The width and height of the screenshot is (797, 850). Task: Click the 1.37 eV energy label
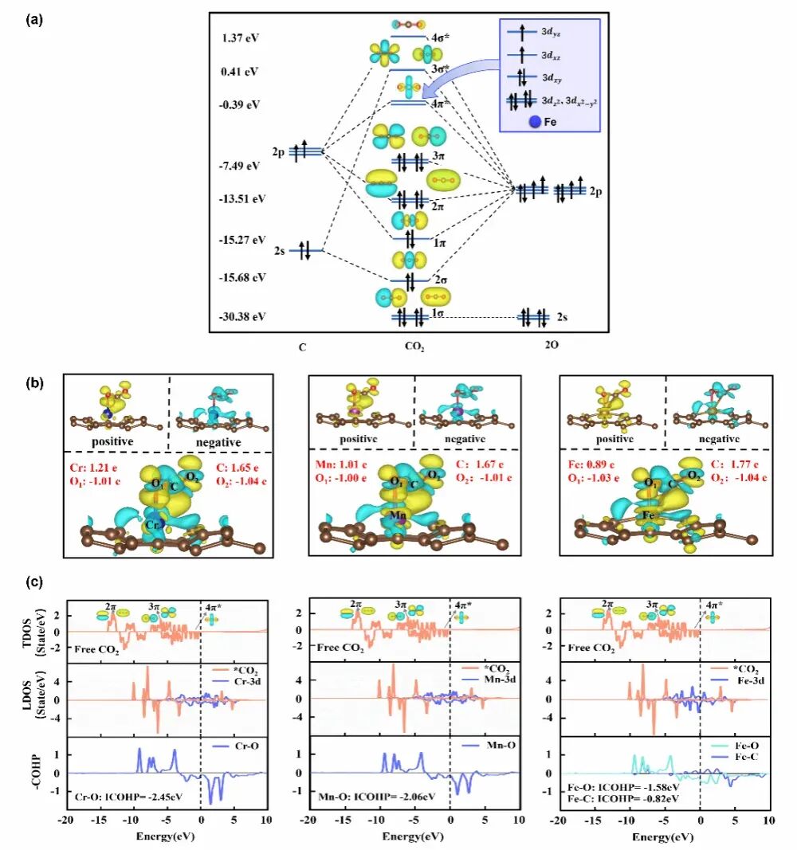241,38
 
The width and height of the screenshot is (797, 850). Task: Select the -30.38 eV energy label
242,316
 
